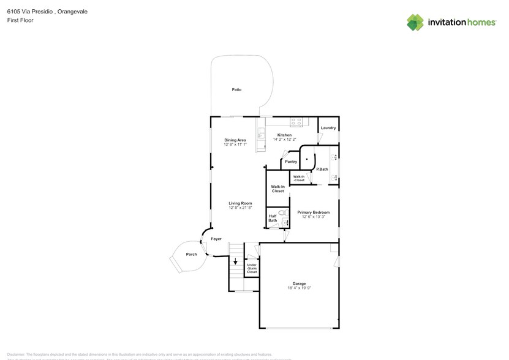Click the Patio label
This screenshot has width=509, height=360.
tap(236, 90)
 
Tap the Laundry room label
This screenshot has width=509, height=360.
tap(328, 128)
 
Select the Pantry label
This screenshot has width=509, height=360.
tap(290, 162)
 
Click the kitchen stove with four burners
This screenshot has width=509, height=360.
tap(296, 121)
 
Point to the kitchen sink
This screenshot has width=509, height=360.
tap(262, 132)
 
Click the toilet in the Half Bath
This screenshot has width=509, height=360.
tap(282, 214)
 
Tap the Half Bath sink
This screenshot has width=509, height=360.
tap(284, 224)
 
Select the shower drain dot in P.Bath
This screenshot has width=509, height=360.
tap(307, 159)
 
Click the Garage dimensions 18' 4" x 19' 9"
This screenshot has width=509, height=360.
tap(299, 288)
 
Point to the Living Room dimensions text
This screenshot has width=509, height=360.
tap(241, 208)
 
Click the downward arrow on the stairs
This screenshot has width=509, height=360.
tap(235, 261)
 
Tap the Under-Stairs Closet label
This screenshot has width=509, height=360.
tap(252, 268)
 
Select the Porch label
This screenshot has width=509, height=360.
tap(191, 253)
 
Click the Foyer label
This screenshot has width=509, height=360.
tap(216, 239)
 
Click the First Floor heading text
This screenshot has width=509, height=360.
tap(20, 20)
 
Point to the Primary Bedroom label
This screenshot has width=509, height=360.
tap(313, 212)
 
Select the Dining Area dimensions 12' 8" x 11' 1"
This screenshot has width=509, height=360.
tap(235, 144)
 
